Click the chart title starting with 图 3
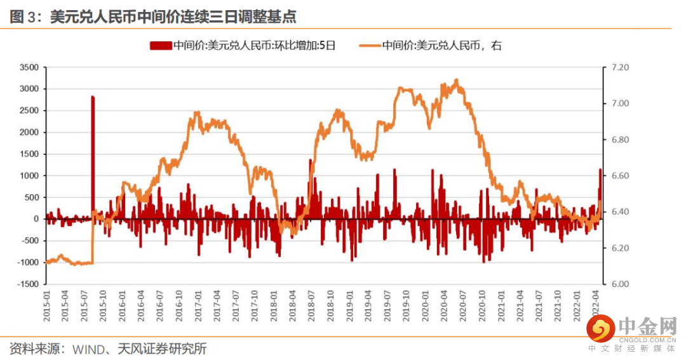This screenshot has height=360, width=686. pyautogui.click(x=153, y=16)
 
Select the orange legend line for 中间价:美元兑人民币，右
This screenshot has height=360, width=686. pyautogui.click(x=370, y=46)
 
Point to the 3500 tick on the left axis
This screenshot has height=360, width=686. pyautogui.click(x=29, y=67)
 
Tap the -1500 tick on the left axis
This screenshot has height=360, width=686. pyautogui.click(x=28, y=284)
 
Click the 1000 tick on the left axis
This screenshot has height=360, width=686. pyautogui.click(x=29, y=176)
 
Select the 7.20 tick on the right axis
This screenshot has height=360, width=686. pyautogui.click(x=618, y=67)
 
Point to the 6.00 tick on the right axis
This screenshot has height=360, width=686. pyautogui.click(x=618, y=284)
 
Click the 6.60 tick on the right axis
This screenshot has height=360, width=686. pyautogui.click(x=618, y=176)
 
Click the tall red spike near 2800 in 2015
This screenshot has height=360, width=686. pyautogui.click(x=93, y=127)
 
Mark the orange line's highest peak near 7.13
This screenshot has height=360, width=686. pyautogui.click(x=457, y=80)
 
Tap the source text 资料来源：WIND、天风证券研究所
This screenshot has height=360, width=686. pyautogui.click(x=108, y=349)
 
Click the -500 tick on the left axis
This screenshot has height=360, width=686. pyautogui.click(x=28, y=241)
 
